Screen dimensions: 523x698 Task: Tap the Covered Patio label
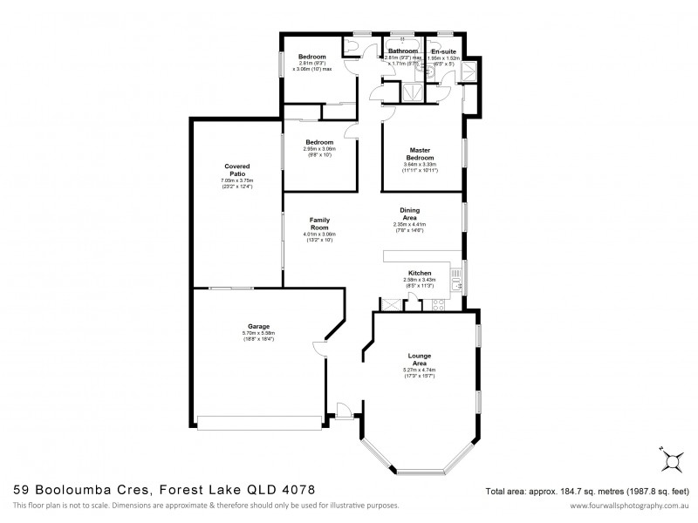[x=236, y=170]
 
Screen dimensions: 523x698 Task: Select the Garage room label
[x=257, y=327]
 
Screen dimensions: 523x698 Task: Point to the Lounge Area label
[x=419, y=358]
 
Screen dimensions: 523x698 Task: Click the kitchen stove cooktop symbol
[x=435, y=304]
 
